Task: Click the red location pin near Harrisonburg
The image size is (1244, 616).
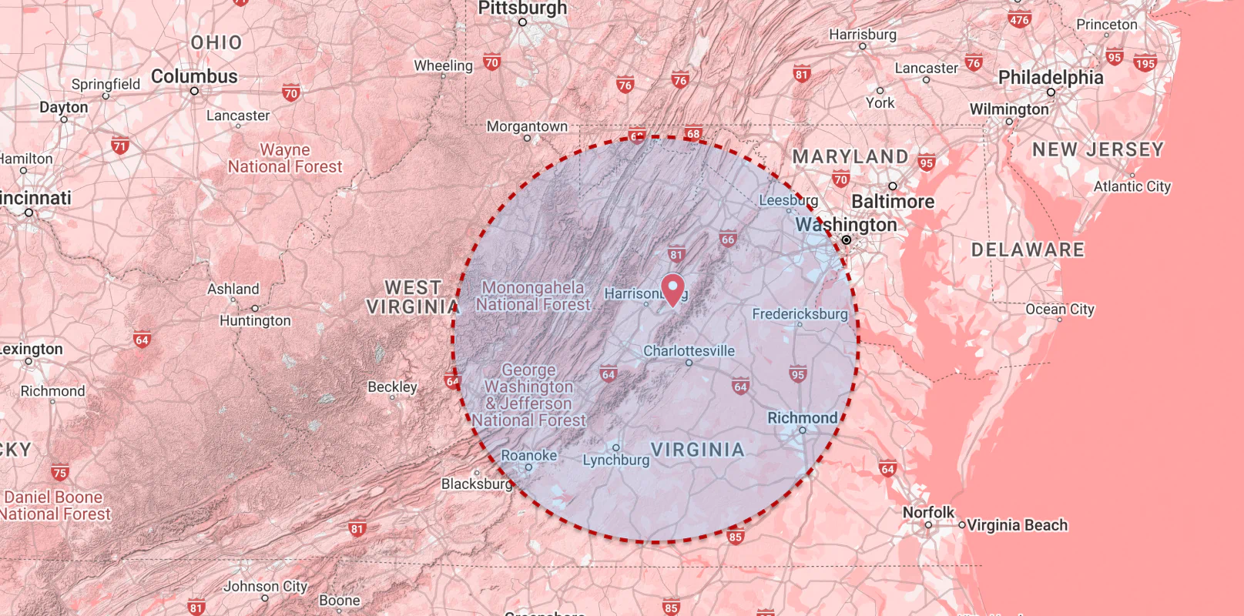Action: tap(673, 289)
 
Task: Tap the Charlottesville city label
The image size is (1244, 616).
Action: tap(689, 351)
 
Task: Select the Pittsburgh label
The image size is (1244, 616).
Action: tap(522, 8)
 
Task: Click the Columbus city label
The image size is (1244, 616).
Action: tap(194, 76)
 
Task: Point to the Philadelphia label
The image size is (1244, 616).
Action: tap(1051, 77)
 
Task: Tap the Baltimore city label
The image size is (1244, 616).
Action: tap(893, 202)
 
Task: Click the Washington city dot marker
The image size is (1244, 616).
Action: tap(846, 240)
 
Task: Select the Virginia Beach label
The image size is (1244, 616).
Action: tap(1017, 525)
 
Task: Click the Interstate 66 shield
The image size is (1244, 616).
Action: tap(728, 239)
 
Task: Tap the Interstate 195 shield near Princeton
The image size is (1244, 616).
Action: tap(1145, 63)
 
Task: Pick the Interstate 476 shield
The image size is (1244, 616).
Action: tap(1019, 19)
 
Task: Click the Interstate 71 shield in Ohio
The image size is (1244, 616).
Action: tap(120, 146)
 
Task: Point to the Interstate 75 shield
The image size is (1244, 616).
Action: tap(60, 472)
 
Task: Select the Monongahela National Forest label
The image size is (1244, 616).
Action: tap(533, 296)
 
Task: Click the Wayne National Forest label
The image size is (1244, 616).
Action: tap(285, 159)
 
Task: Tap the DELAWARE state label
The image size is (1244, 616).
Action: tap(1028, 250)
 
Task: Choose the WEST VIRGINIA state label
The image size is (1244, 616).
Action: tap(413, 297)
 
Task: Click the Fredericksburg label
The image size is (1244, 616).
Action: tap(800, 314)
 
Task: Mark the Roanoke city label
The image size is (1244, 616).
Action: tap(528, 455)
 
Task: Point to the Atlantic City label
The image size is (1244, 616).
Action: tap(1132, 186)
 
